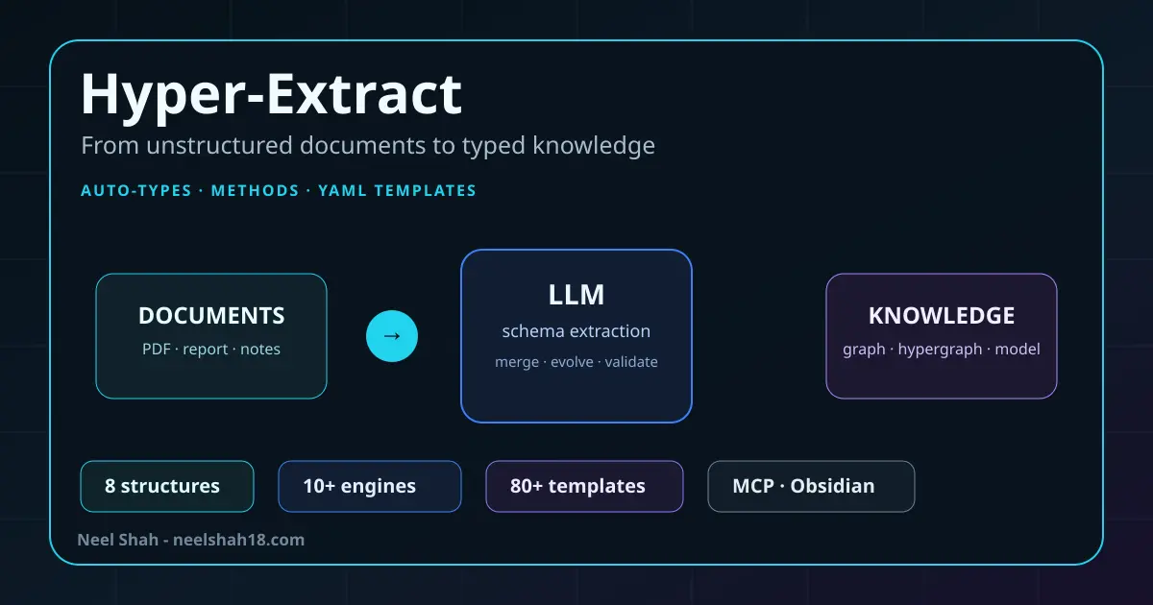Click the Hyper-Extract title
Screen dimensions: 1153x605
pos(271,96)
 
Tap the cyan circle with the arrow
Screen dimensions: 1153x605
pos(392,336)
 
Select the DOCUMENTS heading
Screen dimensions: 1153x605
pos(211,315)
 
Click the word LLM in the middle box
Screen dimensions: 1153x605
pos(576,295)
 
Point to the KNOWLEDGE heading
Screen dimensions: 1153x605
pos(942,315)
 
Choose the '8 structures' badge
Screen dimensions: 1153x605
pos(167,486)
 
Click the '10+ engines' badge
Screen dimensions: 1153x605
pos(370,486)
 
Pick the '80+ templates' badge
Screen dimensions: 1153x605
pos(584,486)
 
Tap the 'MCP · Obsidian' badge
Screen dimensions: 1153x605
pos(811,486)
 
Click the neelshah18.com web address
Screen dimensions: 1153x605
pos(239,540)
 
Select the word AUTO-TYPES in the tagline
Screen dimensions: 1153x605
pos(136,191)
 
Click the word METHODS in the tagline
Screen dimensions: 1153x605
pos(255,191)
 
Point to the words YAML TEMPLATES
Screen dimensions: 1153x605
pos(397,191)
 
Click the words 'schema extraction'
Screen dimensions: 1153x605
pos(576,331)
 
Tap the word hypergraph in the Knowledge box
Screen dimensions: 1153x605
pos(940,350)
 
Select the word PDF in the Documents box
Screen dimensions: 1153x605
pos(157,350)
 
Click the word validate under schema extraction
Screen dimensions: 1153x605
pos(631,362)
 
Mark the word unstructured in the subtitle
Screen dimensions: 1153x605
pos(220,146)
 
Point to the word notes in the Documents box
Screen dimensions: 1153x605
pos(260,350)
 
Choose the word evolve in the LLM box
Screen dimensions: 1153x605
pos(572,362)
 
